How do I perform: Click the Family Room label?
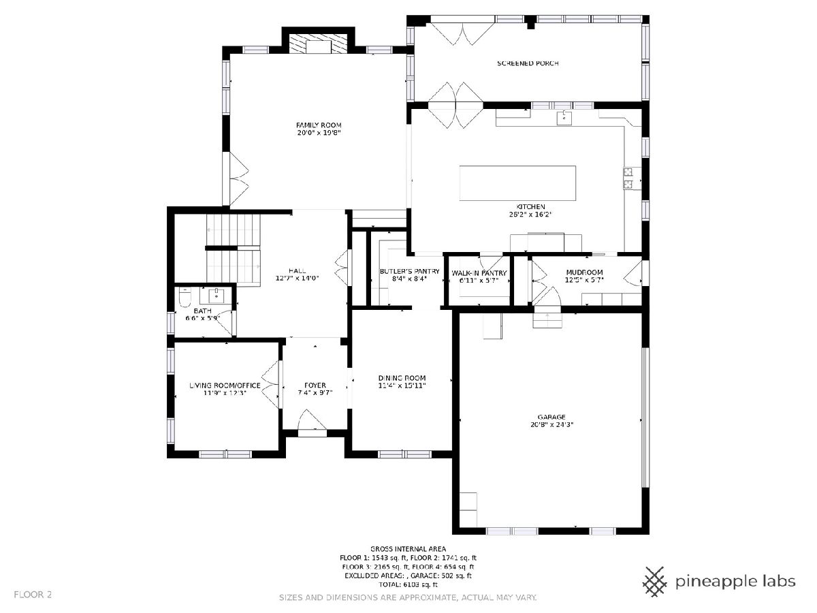pos(319,125)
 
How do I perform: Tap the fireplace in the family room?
pos(318,45)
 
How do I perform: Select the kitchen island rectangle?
pos(517,183)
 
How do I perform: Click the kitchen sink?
pos(564,117)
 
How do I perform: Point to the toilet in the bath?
pos(185,298)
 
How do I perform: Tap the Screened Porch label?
pos(528,63)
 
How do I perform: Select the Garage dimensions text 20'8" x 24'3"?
pos(551,424)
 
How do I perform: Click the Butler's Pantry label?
pos(409,271)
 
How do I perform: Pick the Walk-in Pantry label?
pos(479,273)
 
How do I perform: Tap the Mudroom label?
pos(584,272)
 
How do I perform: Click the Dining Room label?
pos(402,378)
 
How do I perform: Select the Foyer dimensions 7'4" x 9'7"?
pos(315,393)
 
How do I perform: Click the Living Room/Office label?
pos(225,386)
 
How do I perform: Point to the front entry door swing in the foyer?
pos(312,420)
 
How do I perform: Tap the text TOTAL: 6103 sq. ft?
pos(408,584)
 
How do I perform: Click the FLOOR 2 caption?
pos(33,595)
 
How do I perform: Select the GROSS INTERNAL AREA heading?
pos(408,548)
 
